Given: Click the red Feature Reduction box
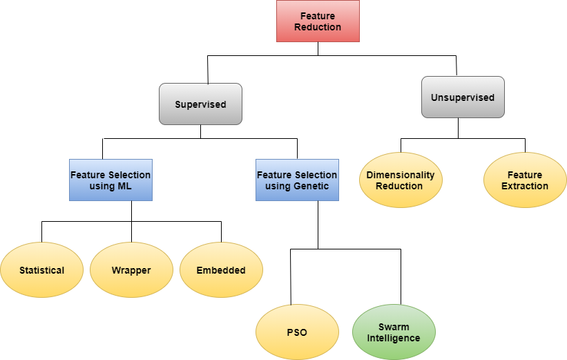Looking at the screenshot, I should click(x=318, y=21).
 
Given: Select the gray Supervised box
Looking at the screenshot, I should click(x=200, y=104).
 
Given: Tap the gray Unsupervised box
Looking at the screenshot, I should click(x=463, y=97).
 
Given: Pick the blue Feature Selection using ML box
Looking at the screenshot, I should click(x=110, y=180).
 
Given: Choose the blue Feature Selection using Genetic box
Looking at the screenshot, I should click(x=297, y=180).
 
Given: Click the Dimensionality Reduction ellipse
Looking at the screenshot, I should click(x=401, y=180).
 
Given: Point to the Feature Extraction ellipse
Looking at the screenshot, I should click(x=525, y=180).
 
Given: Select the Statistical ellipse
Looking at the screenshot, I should click(x=41, y=270).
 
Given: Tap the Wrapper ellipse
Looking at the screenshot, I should click(x=131, y=270).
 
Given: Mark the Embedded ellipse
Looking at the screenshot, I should click(x=221, y=270).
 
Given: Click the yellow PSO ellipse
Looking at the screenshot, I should click(x=297, y=332).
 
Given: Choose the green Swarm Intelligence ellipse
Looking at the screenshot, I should click(x=394, y=332).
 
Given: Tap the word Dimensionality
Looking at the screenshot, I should click(x=401, y=175).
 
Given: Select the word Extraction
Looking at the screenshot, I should click(x=525, y=186).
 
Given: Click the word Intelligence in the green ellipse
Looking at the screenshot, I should click(x=394, y=338).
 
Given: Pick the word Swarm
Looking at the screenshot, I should click(x=394, y=327).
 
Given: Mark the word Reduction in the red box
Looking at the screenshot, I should click(x=318, y=27).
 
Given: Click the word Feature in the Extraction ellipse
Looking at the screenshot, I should click(x=525, y=175).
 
